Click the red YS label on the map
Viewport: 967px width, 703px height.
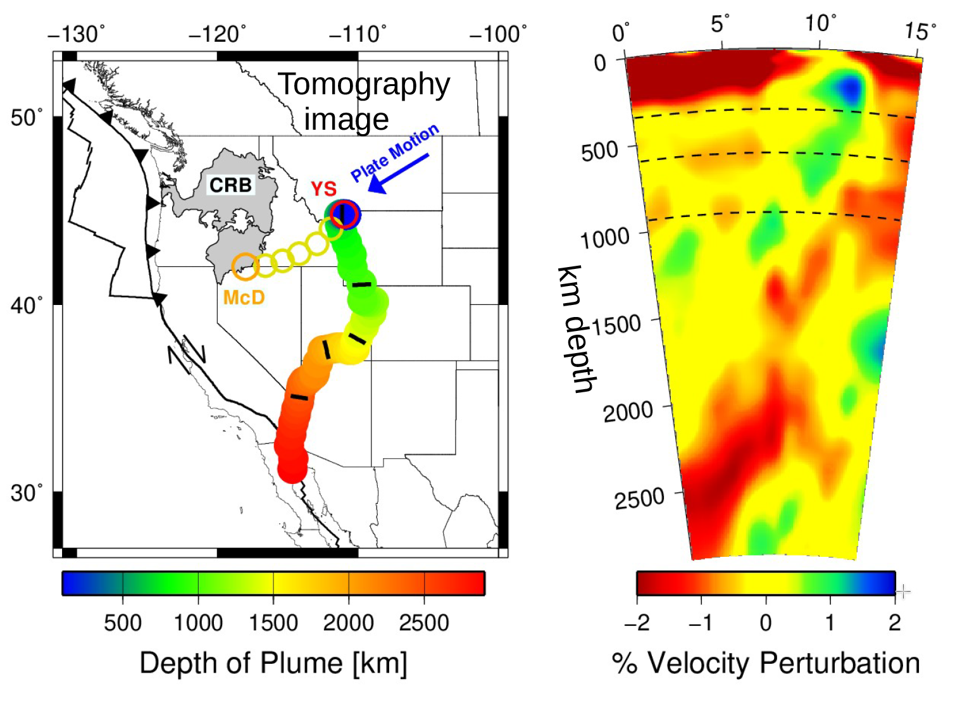[323, 189]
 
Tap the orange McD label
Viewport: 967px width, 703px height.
[244, 297]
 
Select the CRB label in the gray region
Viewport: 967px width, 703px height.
[230, 185]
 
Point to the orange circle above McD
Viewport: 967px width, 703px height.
[245, 267]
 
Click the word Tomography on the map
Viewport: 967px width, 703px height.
[364, 85]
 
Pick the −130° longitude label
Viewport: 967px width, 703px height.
[77, 34]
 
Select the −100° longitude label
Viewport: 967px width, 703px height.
[498, 34]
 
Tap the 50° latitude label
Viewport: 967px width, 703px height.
[27, 118]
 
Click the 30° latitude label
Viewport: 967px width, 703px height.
[27, 492]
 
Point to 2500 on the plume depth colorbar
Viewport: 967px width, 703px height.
[423, 623]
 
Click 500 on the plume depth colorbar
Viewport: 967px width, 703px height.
[123, 623]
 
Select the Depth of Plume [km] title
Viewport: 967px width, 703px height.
[273, 663]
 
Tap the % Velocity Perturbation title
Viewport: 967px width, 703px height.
[766, 663]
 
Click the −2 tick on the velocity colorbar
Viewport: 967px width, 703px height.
[637, 623]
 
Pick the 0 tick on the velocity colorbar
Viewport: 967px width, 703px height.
[766, 623]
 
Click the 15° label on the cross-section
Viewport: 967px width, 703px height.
[920, 30]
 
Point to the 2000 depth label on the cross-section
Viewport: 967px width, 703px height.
[628, 412]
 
